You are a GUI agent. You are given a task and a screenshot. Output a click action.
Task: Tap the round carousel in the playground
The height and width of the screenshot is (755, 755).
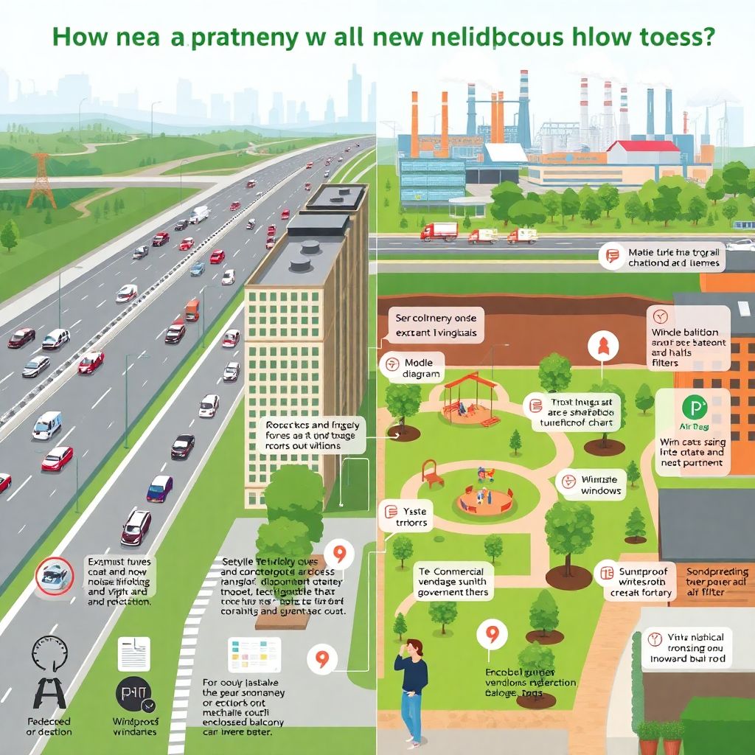tap(484, 501)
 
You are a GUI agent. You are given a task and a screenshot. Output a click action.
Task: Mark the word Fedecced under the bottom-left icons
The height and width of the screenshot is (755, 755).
tap(49, 721)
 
